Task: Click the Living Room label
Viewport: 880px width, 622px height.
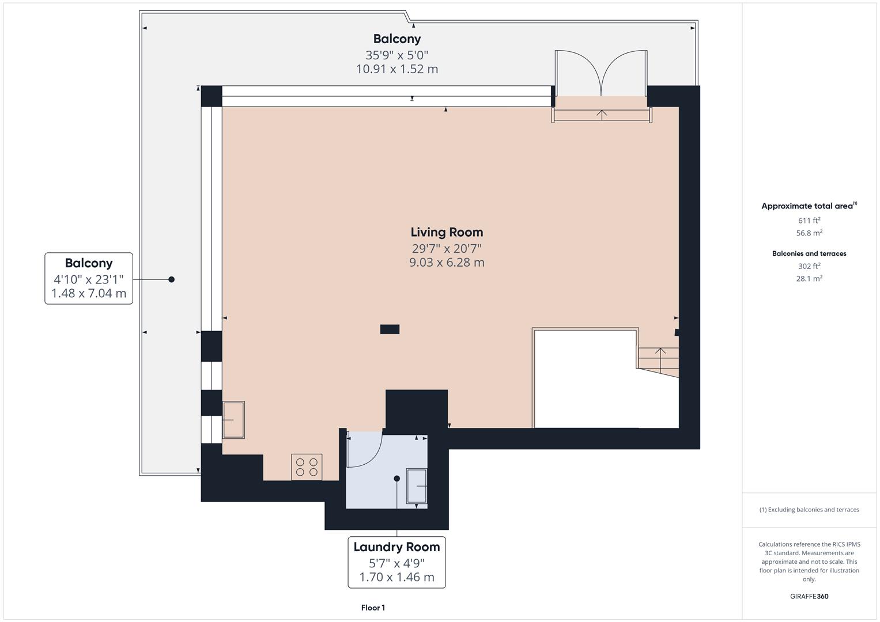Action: (x=447, y=232)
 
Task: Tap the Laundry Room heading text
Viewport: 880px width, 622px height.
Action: (x=396, y=547)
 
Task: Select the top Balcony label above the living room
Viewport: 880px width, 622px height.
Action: (x=397, y=39)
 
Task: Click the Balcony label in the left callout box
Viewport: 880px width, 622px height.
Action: (x=89, y=263)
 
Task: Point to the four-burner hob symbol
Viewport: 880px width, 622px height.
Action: (x=307, y=466)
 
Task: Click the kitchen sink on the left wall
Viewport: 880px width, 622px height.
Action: (x=233, y=420)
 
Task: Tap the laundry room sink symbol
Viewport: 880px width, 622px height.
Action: (x=417, y=487)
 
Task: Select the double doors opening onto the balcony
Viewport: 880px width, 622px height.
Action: (x=601, y=74)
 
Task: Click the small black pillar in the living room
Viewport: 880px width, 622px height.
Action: (x=390, y=329)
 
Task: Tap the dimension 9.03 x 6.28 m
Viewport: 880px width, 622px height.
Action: (x=447, y=263)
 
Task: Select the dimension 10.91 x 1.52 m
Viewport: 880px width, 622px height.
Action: (x=397, y=69)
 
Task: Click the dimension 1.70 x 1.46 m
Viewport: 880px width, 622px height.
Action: (x=396, y=577)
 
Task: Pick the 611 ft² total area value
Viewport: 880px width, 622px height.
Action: (x=809, y=221)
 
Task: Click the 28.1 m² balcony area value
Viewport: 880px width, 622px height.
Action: (x=809, y=279)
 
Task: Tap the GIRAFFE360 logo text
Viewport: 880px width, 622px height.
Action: (x=809, y=596)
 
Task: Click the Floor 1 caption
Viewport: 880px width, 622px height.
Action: (x=373, y=608)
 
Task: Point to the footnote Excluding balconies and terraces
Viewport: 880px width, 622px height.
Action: (x=809, y=510)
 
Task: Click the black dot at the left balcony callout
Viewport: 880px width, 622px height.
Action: (x=171, y=279)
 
